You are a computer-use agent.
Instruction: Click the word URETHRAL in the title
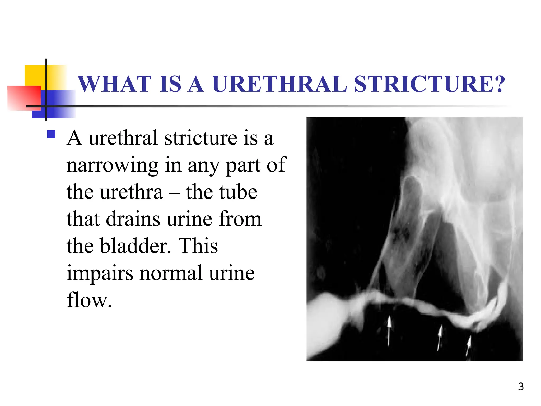pos(279,84)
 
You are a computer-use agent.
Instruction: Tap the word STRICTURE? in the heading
pos(429,84)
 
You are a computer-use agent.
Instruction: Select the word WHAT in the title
pos(115,84)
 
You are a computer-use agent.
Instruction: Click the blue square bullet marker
pos(51,134)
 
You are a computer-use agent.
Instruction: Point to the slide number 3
pos(521,386)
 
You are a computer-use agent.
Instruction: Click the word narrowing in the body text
pos(112,165)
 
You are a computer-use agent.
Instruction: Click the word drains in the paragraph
pos(133,219)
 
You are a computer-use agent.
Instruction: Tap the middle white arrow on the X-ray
pos(440,337)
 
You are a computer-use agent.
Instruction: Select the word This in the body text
pos(198,246)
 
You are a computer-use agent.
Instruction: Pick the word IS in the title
pos(170,84)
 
